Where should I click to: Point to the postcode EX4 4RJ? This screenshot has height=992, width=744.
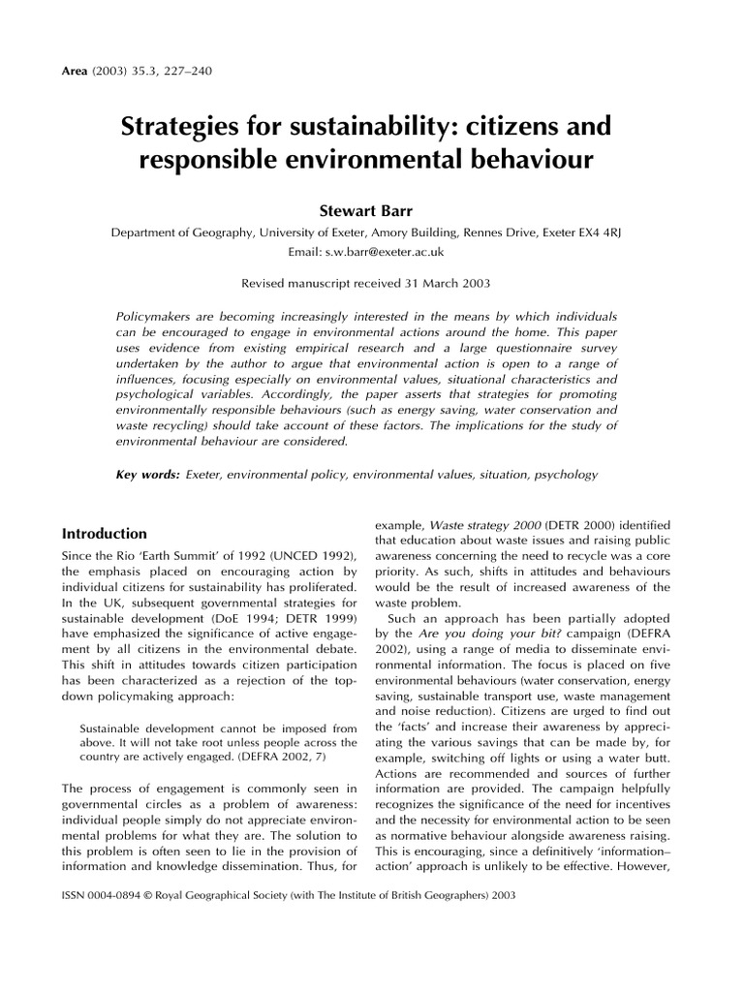coord(604,232)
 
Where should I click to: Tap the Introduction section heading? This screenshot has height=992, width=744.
coord(105,534)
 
